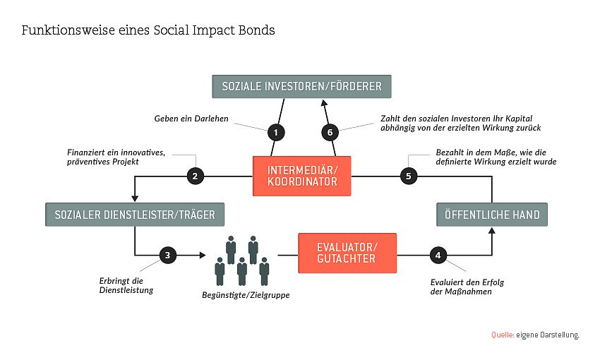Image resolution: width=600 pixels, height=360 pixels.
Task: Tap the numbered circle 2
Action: click(195, 176)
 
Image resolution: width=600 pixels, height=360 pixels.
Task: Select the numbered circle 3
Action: click(167, 255)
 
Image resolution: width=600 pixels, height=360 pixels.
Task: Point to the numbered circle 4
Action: click(438, 255)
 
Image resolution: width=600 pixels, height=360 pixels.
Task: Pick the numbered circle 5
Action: click(408, 176)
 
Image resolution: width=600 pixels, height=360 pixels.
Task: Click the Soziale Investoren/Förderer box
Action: click(301, 86)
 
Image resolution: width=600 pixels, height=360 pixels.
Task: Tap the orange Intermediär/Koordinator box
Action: click(302, 176)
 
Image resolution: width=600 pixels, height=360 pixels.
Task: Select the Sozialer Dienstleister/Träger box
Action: click(135, 214)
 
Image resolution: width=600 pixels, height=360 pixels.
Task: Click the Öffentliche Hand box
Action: click(491, 214)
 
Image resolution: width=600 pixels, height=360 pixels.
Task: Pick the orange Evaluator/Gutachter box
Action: click(347, 252)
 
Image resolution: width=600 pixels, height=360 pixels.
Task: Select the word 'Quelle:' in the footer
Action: click(502, 335)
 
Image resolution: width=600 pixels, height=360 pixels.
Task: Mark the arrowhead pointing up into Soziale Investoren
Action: click(325, 102)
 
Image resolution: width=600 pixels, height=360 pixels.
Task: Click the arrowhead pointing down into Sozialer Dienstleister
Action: click(134, 198)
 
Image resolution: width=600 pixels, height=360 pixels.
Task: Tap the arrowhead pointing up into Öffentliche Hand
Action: click(491, 230)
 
